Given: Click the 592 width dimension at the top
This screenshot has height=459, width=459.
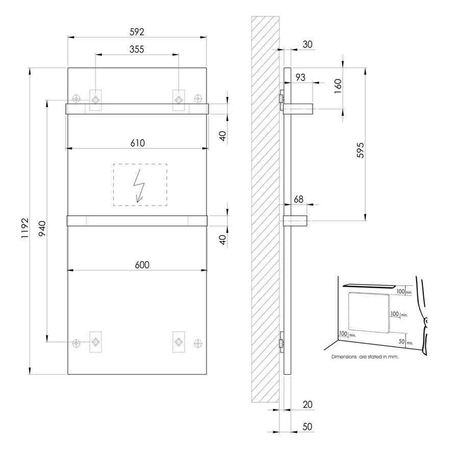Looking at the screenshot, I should [137, 32].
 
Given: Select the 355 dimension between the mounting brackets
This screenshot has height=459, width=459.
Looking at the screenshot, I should [137, 49].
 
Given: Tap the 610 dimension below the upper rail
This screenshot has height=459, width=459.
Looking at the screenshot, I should [137, 143].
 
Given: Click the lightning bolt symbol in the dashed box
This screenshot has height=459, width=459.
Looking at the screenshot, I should [139, 185].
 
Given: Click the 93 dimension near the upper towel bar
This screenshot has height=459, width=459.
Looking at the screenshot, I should [301, 77].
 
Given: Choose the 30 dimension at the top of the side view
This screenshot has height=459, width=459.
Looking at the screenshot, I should [308, 44].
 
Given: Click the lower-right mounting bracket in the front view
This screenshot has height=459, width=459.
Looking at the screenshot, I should [179, 341].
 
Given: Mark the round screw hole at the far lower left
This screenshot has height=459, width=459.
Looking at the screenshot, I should [77, 342].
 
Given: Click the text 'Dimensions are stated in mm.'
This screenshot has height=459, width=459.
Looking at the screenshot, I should [365, 358].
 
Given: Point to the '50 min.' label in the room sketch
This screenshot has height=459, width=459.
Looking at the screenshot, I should [404, 342].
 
